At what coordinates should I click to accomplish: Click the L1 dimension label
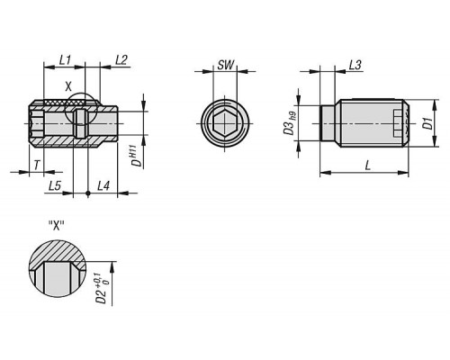(65, 60)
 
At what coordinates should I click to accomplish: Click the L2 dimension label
(121, 60)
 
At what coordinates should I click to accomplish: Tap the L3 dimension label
(355, 65)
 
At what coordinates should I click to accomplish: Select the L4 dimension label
(103, 186)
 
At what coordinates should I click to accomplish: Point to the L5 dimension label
(55, 186)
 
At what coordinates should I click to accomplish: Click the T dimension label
(37, 165)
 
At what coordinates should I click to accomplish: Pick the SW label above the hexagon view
(225, 65)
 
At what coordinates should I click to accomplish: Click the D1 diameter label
(428, 123)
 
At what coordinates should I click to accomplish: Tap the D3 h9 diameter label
(290, 123)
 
